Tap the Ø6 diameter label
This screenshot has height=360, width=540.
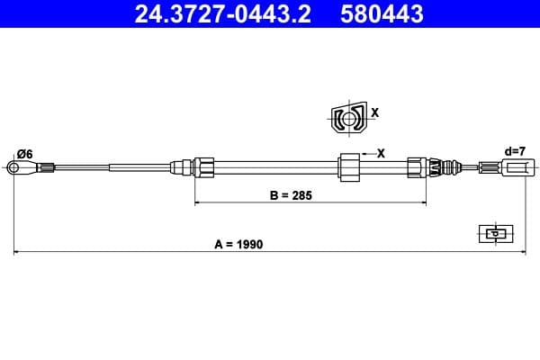[24, 154]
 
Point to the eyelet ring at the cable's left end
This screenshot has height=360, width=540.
[13, 166]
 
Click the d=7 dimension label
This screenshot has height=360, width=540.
[515, 151]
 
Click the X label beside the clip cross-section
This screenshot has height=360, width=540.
[375, 113]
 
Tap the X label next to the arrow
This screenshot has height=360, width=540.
[380, 153]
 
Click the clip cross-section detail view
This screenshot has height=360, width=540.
[346, 117]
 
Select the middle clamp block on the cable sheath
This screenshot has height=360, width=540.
[348, 166]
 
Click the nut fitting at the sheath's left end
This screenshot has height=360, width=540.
[204, 166]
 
